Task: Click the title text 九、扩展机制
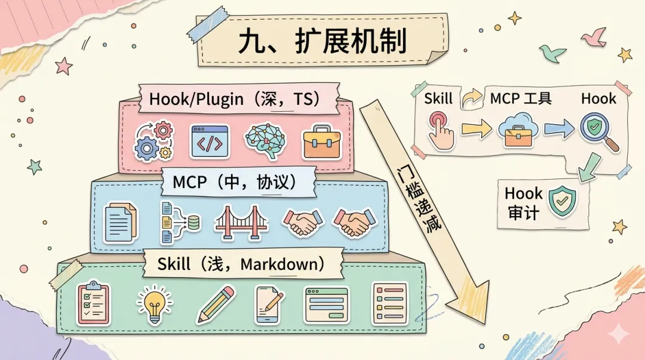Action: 322,42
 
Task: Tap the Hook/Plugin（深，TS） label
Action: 239,99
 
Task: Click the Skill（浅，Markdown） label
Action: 242,264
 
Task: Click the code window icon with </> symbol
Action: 210,141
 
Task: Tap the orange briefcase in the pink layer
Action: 321,141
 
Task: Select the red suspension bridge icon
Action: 241,223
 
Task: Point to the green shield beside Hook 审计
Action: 563,202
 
